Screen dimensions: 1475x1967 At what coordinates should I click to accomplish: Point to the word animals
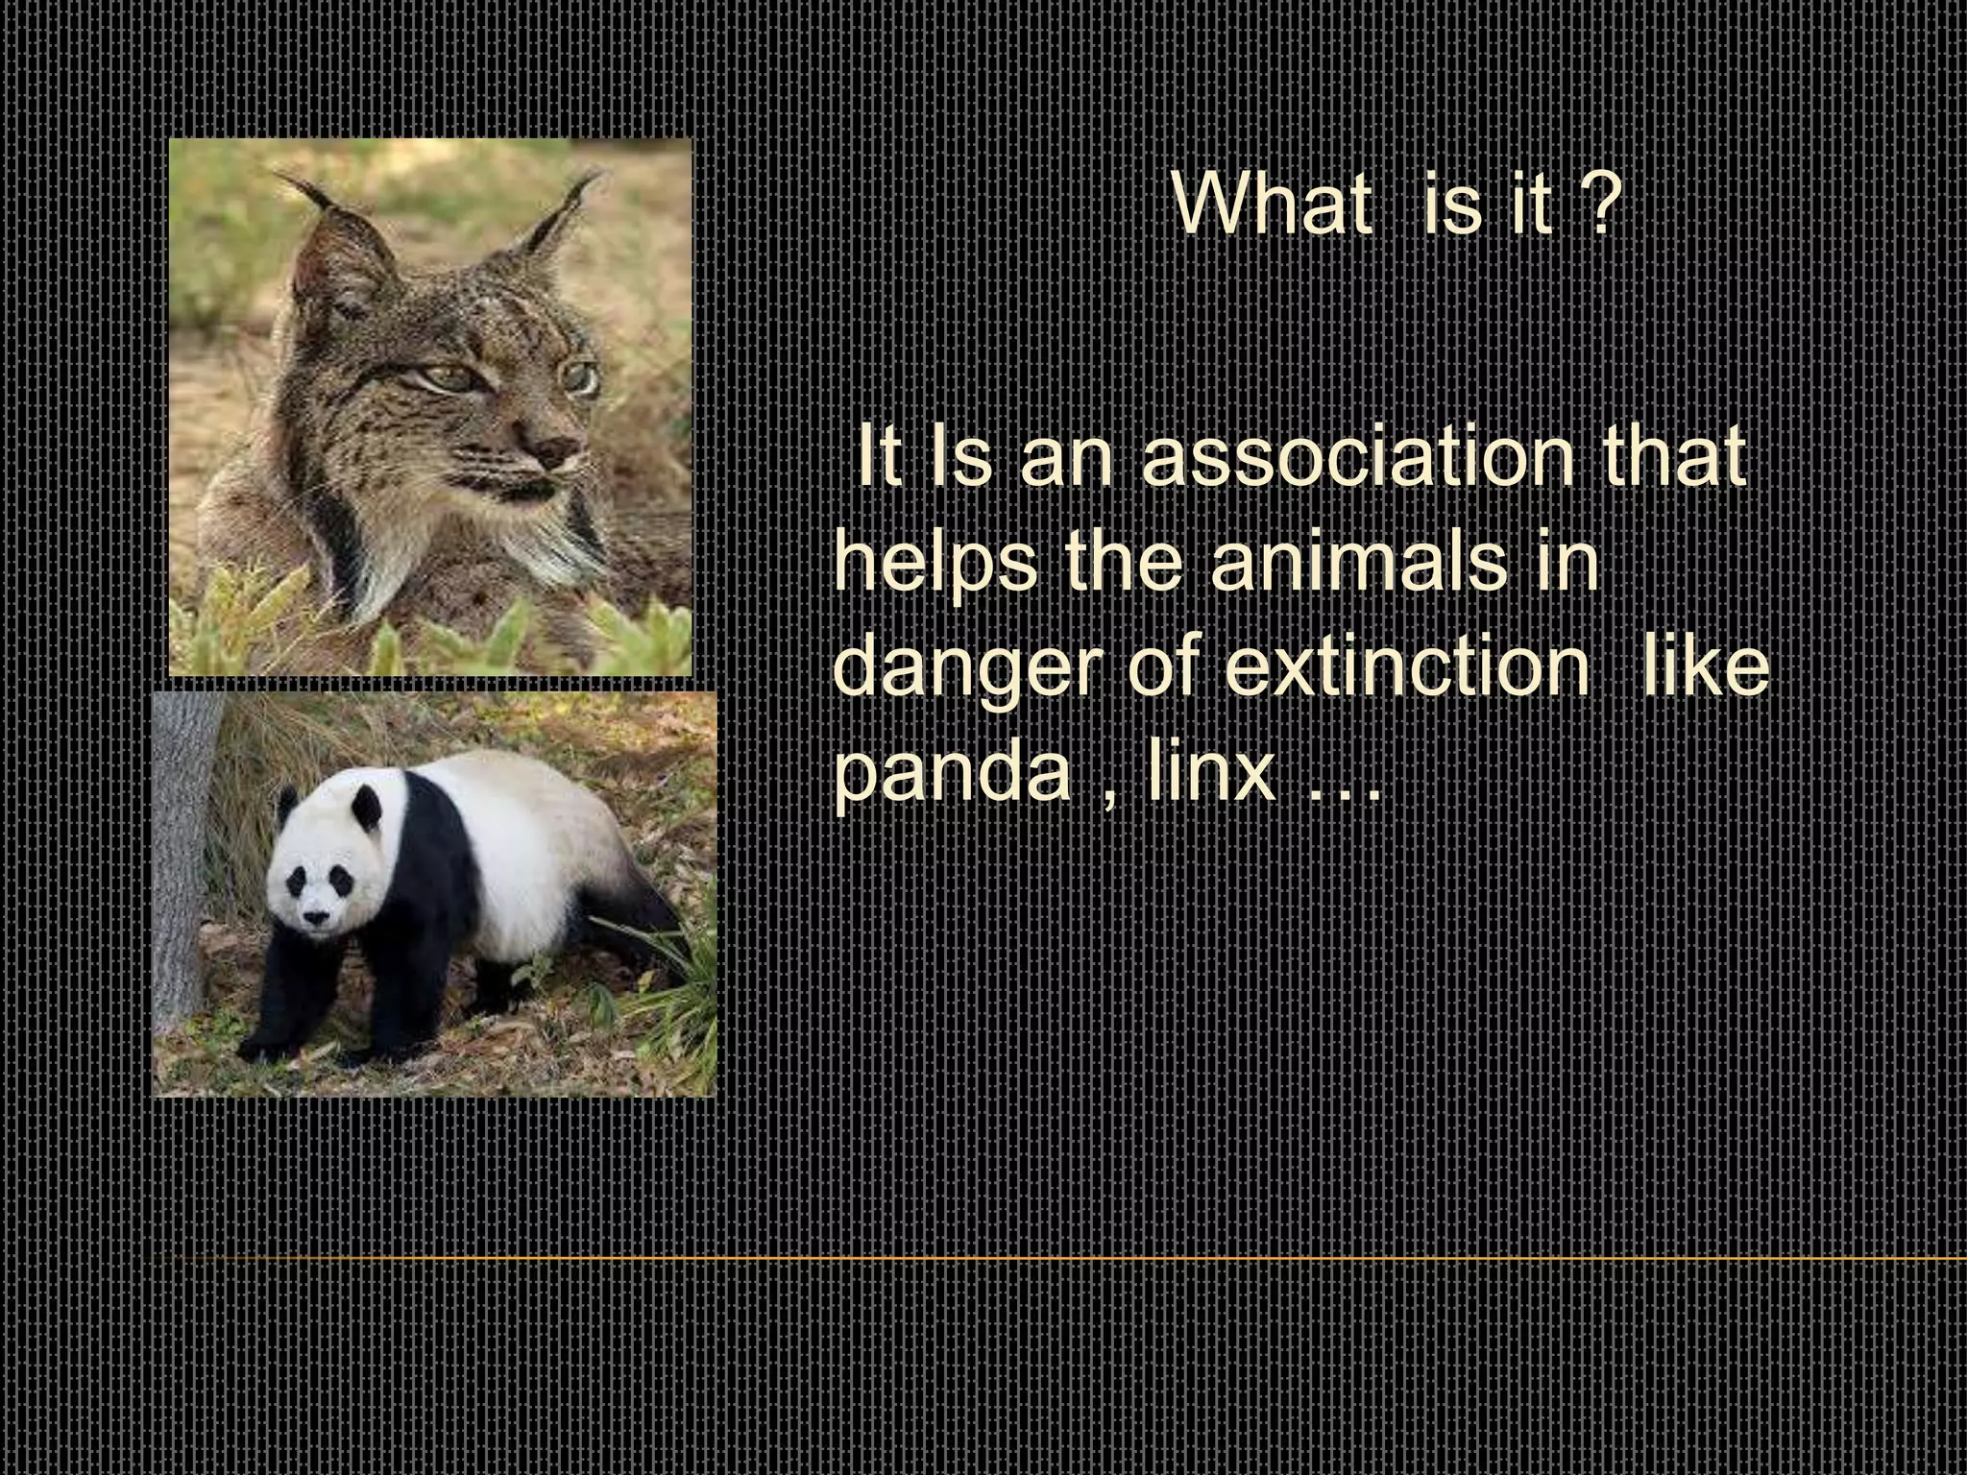tap(1358, 564)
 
